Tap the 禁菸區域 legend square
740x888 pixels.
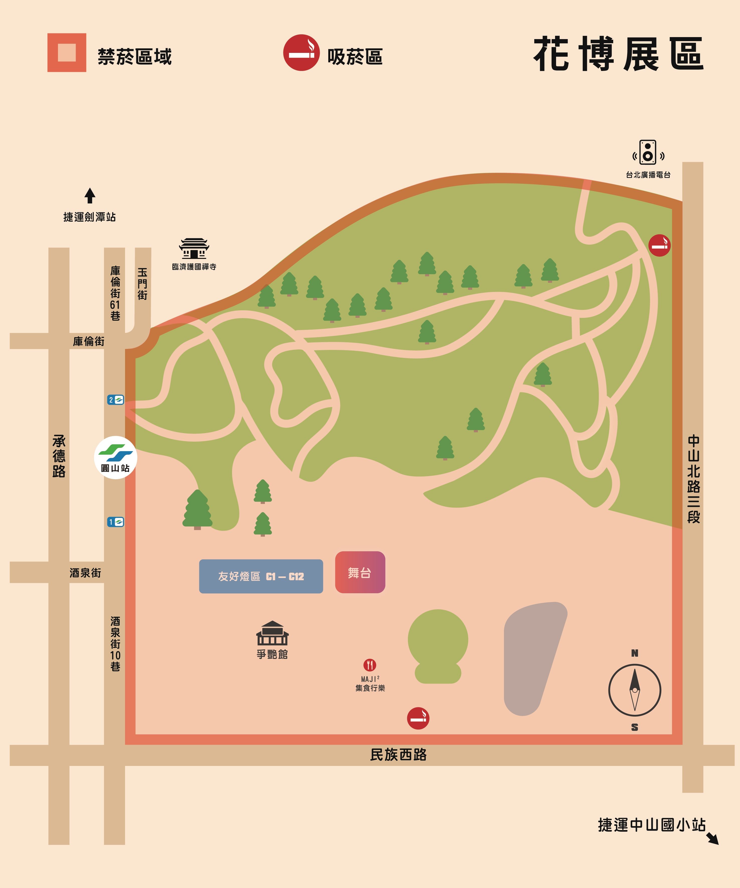pyautogui.click(x=67, y=52)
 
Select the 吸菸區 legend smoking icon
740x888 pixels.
pyautogui.click(x=301, y=52)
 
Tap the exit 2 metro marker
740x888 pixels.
pyautogui.click(x=116, y=400)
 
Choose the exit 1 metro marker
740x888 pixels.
pyautogui.click(x=116, y=522)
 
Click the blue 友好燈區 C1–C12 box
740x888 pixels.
pyautogui.click(x=261, y=576)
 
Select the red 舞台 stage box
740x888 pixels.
pyautogui.click(x=360, y=572)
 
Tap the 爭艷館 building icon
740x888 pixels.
pyautogui.click(x=272, y=633)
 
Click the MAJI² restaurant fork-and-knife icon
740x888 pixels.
pyautogui.click(x=370, y=665)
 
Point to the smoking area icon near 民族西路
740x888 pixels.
pyautogui.click(x=418, y=718)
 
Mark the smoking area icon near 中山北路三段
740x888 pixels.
pyautogui.click(x=659, y=245)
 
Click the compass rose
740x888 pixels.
pyautogui.click(x=634, y=690)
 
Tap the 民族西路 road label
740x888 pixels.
pyautogui.click(x=398, y=755)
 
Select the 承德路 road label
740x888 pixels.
pyautogui.click(x=59, y=456)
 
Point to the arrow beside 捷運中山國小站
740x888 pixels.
pyautogui.click(x=712, y=839)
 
